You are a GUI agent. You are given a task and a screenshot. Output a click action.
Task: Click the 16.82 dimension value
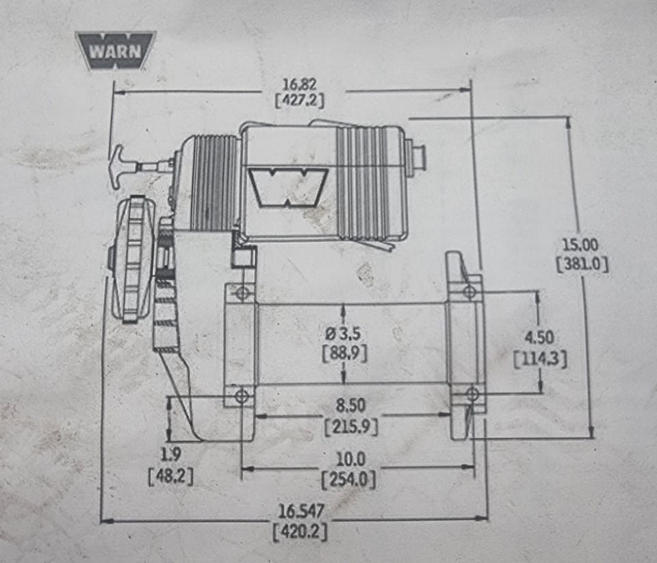[x=300, y=84]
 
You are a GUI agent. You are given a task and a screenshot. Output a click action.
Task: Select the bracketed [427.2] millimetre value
[x=299, y=101]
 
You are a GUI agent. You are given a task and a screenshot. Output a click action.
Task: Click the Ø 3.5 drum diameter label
[x=344, y=334]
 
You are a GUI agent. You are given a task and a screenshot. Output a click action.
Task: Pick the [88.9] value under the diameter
[x=344, y=353]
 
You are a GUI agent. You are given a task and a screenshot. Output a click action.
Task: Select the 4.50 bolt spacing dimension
[x=539, y=338]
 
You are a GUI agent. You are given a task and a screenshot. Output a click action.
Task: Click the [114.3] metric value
[x=539, y=358]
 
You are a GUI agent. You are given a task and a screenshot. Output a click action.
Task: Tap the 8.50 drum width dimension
[x=352, y=407]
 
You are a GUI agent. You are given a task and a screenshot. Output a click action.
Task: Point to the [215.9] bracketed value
[x=350, y=426]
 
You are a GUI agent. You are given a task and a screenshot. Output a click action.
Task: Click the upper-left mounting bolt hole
[x=240, y=294]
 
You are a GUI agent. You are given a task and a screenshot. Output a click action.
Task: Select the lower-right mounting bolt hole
[x=472, y=393]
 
